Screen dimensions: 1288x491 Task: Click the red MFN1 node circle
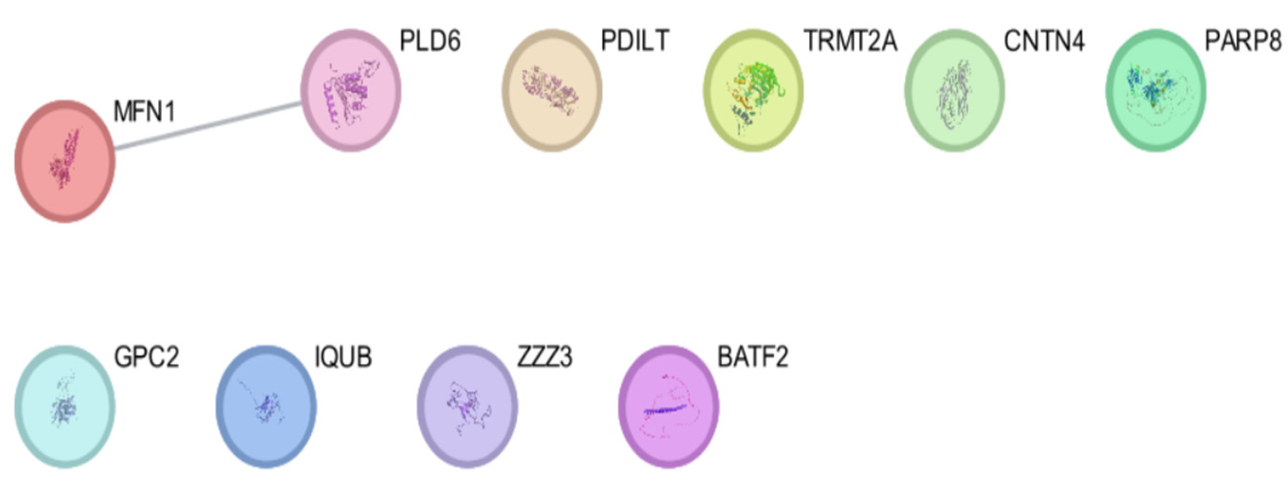[x=64, y=161]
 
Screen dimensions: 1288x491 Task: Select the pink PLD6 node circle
[x=350, y=90]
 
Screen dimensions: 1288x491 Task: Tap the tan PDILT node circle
[x=552, y=90]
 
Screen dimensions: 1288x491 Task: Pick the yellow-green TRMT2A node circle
[x=753, y=90]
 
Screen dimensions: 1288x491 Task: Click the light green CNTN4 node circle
[x=955, y=90]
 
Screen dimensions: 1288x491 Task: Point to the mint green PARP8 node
[x=1156, y=90]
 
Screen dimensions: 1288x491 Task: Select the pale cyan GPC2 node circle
[x=64, y=406]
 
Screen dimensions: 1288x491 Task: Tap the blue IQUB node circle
[x=266, y=406]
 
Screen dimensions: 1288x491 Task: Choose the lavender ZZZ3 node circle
[x=468, y=406]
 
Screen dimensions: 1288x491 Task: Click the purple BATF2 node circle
[x=669, y=406]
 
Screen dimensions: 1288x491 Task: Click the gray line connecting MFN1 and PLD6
[x=208, y=126]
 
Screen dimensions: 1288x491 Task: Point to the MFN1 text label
[x=144, y=112]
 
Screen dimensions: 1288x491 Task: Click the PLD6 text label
[x=430, y=41]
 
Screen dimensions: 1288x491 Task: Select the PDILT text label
[x=635, y=41]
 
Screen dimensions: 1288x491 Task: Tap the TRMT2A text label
[x=850, y=41]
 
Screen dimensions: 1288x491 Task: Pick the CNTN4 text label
[x=1044, y=41]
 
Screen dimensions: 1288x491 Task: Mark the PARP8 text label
[x=1243, y=41]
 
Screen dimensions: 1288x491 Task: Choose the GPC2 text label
[x=146, y=358]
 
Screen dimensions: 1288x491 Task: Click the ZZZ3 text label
[x=544, y=358]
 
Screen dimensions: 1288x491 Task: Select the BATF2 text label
[x=753, y=358]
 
